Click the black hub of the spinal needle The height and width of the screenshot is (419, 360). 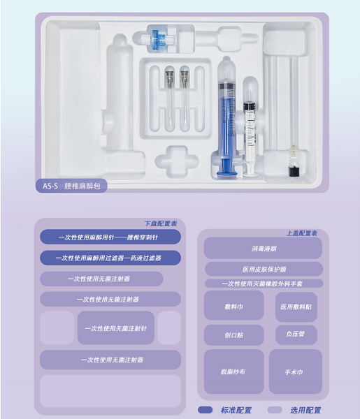click(294, 172)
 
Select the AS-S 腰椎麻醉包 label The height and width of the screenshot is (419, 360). click(71, 186)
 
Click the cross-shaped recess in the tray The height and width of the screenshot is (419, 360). click(177, 162)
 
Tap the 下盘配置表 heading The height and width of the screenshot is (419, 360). click(161, 223)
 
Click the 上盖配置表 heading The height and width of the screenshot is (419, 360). click(302, 233)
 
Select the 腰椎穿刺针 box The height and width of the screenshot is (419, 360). click(110, 237)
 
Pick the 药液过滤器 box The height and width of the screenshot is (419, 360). click(110, 258)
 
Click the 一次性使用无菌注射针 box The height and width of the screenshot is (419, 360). click(116, 328)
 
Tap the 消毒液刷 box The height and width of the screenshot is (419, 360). click(263, 248)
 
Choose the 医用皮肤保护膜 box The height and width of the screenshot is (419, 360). click(264, 269)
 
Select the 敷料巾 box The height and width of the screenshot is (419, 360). click(234, 305)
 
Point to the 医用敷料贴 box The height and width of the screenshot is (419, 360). click(296, 307)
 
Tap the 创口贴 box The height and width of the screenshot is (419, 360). click(234, 335)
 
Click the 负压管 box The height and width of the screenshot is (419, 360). click(296, 335)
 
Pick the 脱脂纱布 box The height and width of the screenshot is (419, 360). click(234, 372)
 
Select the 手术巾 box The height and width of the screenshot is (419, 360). click(296, 372)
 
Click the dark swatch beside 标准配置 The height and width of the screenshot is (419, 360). click(205, 410)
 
